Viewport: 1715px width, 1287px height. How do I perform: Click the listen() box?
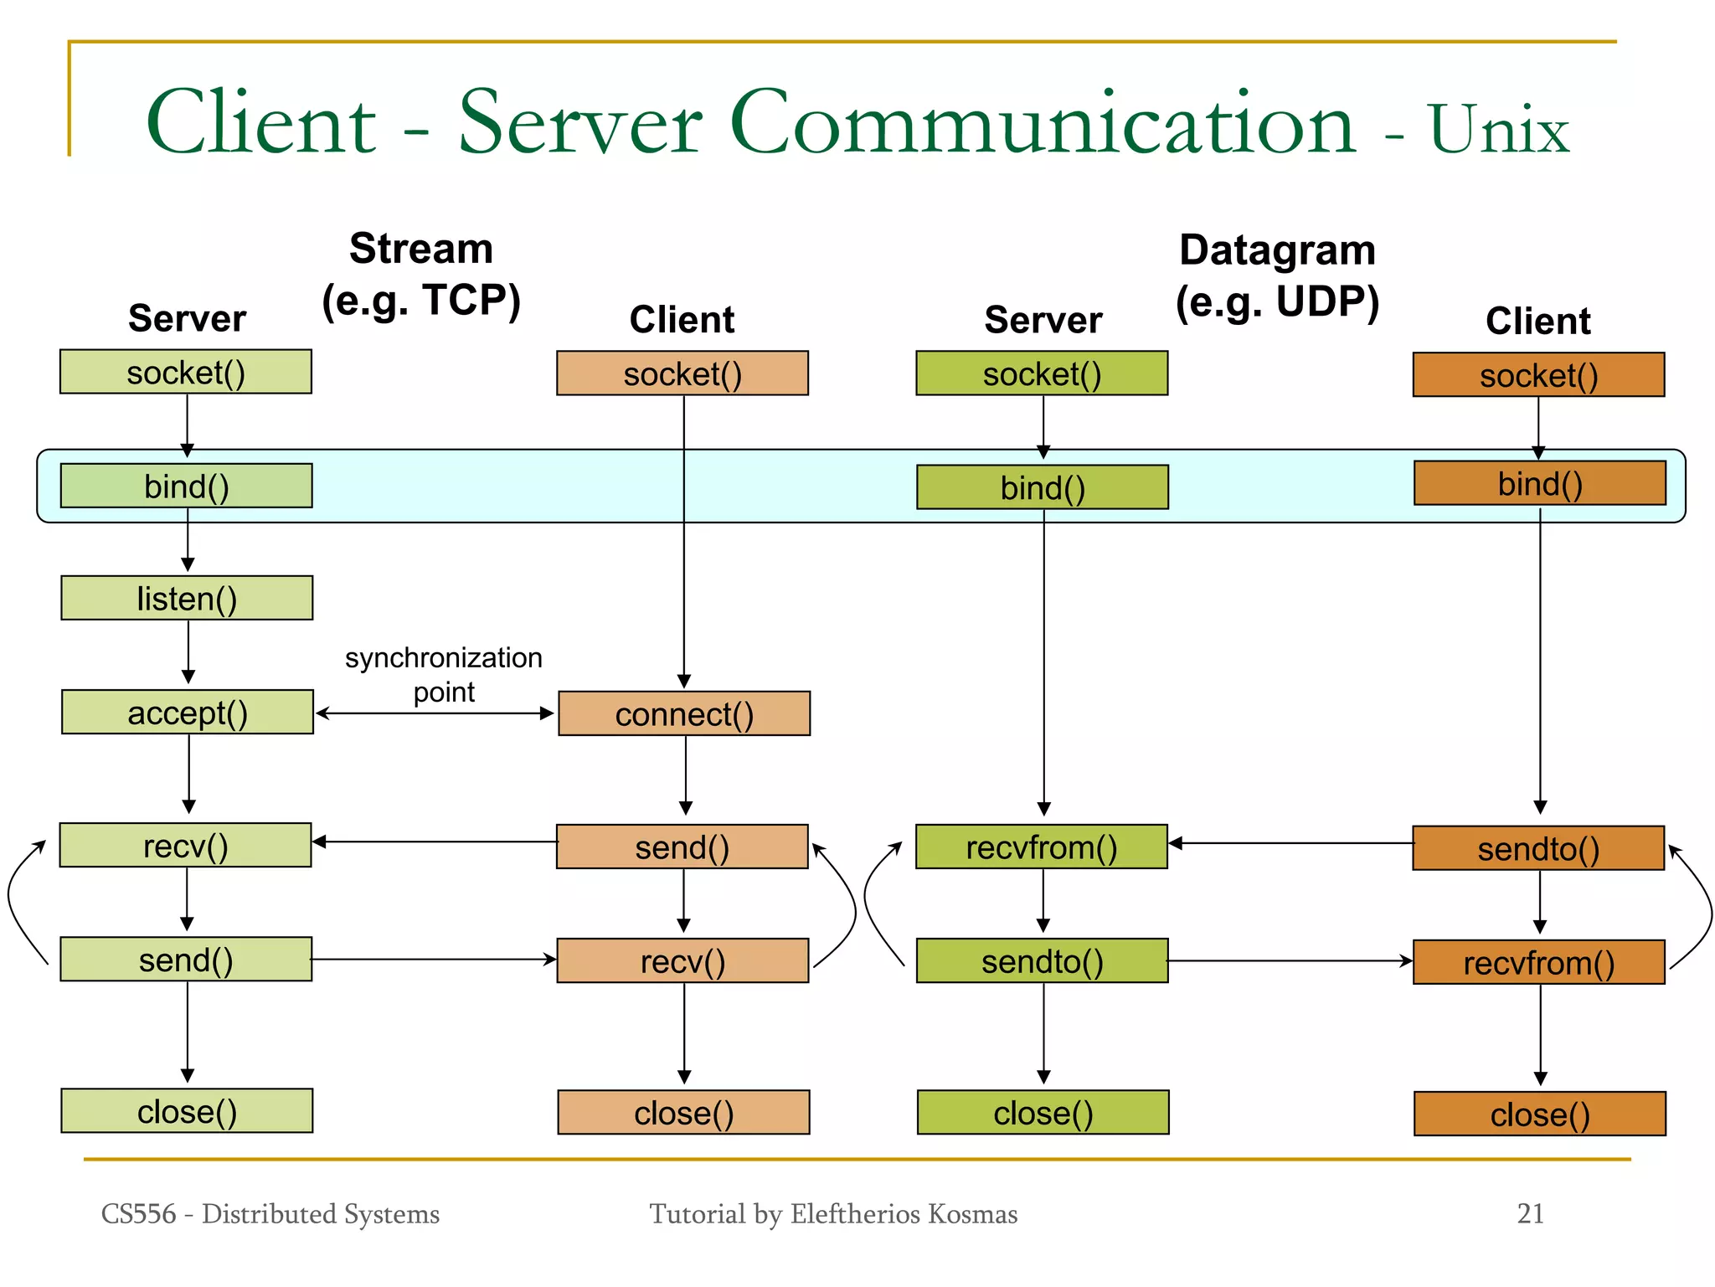(187, 598)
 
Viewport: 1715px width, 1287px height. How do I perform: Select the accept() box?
(188, 712)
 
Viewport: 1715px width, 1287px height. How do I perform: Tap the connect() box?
(684, 713)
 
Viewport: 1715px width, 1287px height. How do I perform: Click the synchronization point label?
(444, 674)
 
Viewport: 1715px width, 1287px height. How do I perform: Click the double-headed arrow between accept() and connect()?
(435, 713)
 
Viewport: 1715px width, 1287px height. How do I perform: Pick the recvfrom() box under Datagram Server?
(1042, 847)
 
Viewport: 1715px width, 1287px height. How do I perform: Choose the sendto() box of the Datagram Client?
(1538, 848)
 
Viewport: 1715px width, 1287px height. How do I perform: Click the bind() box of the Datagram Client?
(1540, 483)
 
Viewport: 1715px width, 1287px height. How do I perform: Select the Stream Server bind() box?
(187, 486)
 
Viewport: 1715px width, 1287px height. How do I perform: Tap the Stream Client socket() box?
(682, 373)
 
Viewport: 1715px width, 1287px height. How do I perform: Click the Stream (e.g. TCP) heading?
(421, 275)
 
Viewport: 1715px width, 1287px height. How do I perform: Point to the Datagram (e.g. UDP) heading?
(1278, 276)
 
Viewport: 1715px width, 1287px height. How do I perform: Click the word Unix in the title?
(1499, 130)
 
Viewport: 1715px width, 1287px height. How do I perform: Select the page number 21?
(1530, 1213)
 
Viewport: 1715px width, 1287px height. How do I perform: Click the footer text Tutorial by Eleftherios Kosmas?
(833, 1213)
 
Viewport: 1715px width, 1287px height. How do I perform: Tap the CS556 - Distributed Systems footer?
(270, 1213)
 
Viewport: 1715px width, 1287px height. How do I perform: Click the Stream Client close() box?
(683, 1112)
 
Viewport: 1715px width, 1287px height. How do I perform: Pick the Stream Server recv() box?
(185, 845)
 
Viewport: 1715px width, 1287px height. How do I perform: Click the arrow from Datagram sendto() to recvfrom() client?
(1290, 960)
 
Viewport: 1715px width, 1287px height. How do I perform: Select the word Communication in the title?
(1043, 124)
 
